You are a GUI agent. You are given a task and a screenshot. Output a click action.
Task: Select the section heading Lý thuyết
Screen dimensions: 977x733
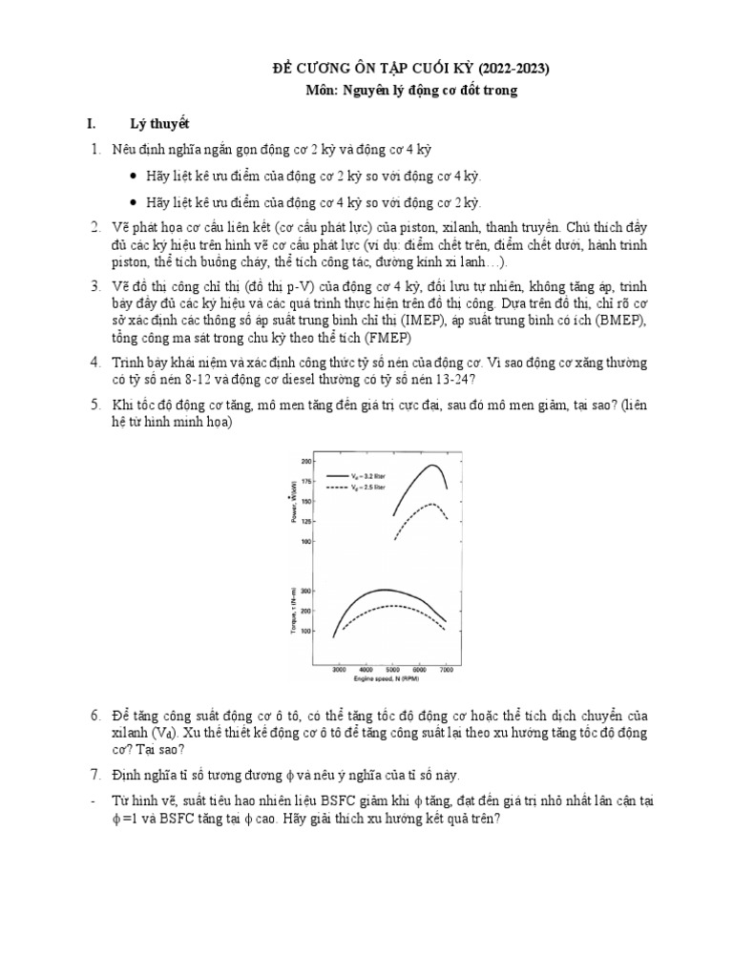[x=160, y=124]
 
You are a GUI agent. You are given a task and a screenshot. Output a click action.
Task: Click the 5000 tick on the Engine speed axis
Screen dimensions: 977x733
[x=392, y=672]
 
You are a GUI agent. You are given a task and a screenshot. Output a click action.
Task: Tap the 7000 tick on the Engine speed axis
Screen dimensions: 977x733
[x=446, y=672]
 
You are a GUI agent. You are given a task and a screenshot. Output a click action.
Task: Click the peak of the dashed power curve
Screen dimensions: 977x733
[x=431, y=504]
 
